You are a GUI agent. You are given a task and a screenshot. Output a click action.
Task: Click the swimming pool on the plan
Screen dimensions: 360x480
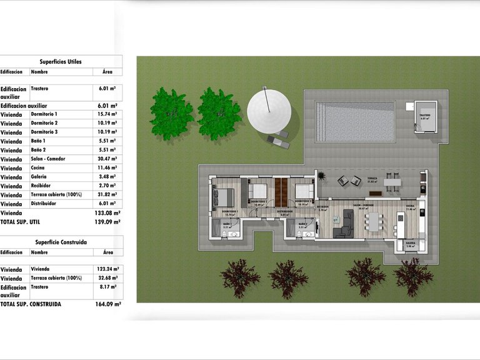[355, 121]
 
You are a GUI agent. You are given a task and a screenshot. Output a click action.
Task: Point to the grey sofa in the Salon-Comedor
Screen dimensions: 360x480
[344, 224]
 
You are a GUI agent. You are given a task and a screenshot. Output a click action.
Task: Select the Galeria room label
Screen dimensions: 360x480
[411, 244]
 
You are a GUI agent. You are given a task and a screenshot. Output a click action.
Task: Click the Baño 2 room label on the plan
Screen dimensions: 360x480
[302, 224]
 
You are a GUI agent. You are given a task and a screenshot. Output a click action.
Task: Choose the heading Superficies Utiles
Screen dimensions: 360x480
[61, 62]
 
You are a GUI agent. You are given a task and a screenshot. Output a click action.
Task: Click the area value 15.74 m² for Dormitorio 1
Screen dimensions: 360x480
[107, 114]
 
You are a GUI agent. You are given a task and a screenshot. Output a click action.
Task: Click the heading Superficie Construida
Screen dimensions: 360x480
[61, 242]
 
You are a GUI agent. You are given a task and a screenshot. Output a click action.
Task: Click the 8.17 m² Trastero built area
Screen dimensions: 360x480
[107, 287]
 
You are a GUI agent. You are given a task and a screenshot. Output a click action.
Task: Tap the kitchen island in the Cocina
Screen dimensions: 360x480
[400, 224]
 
